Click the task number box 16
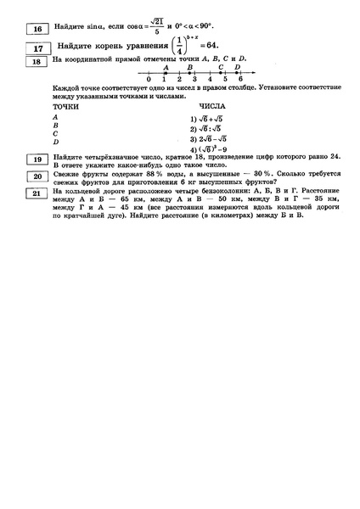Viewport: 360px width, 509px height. click(x=38, y=29)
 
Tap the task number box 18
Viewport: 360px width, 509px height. click(x=38, y=62)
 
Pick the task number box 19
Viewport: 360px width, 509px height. click(x=38, y=159)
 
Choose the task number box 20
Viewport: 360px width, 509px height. click(x=38, y=176)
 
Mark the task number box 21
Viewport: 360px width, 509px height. click(x=38, y=193)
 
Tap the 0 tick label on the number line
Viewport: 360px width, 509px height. click(x=149, y=79)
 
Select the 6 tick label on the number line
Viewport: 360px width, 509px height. click(x=240, y=79)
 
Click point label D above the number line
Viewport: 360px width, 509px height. click(x=230, y=66)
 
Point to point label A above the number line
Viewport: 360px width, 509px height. click(x=166, y=66)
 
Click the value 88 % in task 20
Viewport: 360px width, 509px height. click(x=141, y=176)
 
